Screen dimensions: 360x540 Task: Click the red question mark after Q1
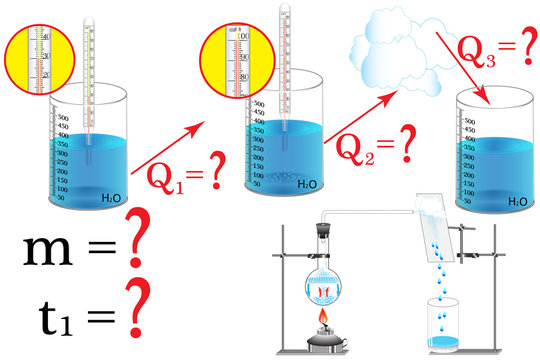[223, 177]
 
